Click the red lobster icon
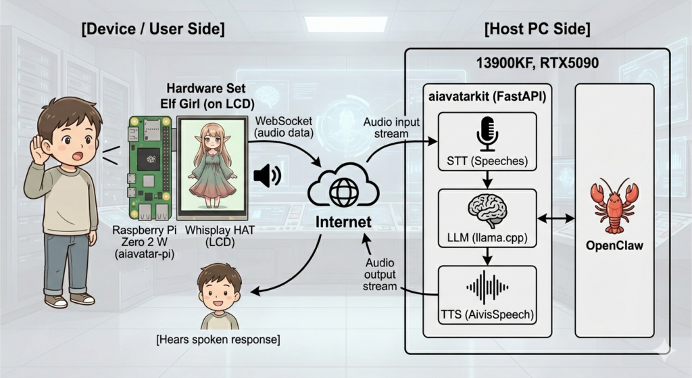pos(614,206)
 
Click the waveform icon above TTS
pos(487,287)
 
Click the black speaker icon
pos(266,176)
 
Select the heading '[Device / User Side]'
pos(153,30)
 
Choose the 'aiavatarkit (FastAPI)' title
pos(487,97)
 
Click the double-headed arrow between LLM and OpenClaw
pos(555,218)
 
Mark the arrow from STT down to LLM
pos(487,179)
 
